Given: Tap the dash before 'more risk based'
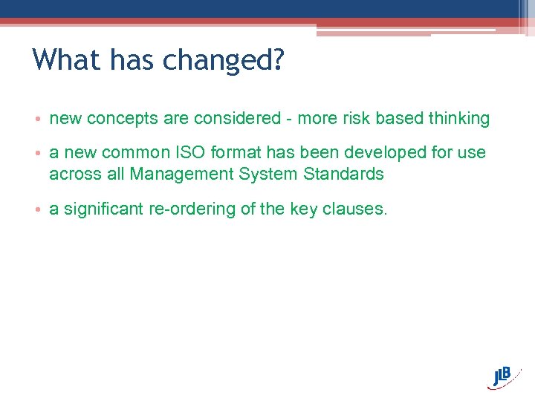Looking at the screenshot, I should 287,119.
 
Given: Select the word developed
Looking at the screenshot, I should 380,153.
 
